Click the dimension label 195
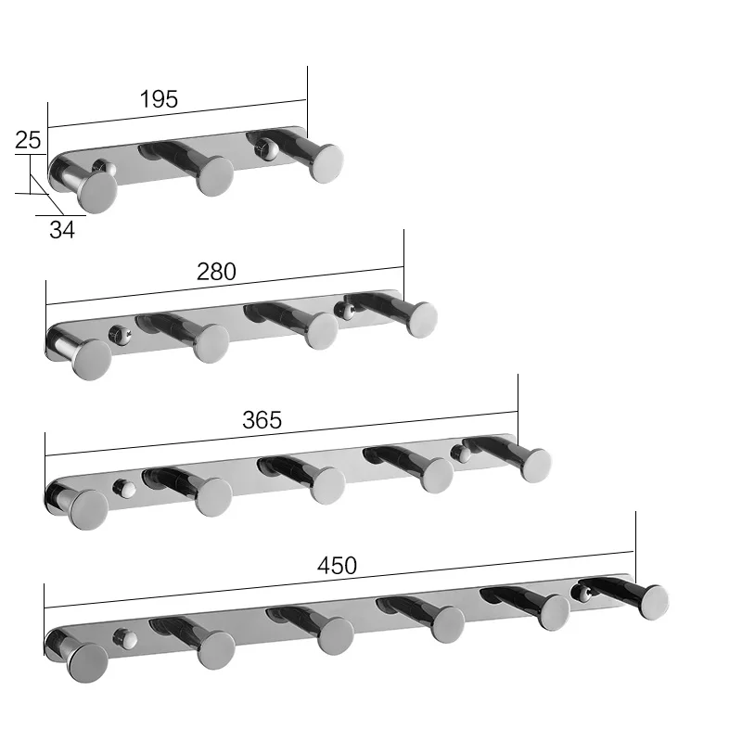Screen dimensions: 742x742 coord(159,99)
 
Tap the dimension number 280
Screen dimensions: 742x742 coord(216,271)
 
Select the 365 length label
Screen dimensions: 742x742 coord(262,419)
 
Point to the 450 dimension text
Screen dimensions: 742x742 coord(337,566)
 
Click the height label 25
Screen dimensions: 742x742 coord(28,141)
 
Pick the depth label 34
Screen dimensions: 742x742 coord(61,230)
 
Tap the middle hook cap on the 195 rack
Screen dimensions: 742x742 coord(214,175)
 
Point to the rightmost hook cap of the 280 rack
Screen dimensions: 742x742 coord(421,318)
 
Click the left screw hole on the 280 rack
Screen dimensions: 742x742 coord(117,331)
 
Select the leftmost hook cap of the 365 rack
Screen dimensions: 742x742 coord(89,508)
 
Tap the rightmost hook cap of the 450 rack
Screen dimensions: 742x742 coord(654,602)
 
